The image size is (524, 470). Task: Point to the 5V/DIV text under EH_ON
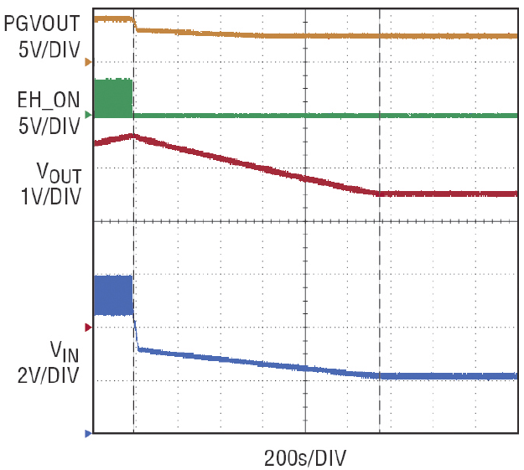[49, 127]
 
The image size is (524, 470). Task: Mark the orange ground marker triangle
[87, 62]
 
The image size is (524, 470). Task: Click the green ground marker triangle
[87, 114]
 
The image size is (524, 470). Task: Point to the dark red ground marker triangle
[87, 327]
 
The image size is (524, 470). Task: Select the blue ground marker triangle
[87, 433]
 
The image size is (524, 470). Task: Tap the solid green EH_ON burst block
[113, 97]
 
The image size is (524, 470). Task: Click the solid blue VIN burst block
[113, 295]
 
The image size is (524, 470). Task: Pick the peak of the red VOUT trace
[132, 135]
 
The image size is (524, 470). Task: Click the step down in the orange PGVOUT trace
[136, 24]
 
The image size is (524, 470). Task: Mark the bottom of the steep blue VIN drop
[138, 349]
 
